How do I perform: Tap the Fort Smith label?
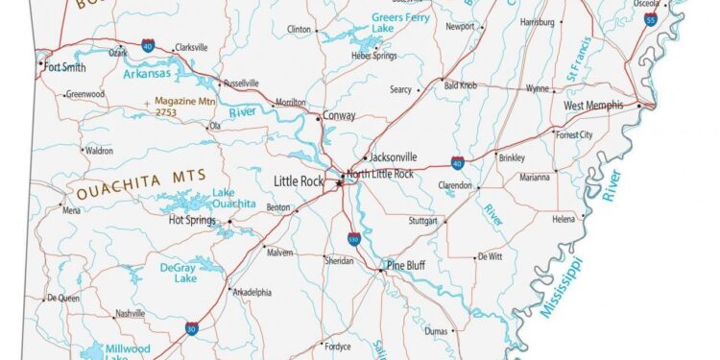(64, 67)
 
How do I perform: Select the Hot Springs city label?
(191, 220)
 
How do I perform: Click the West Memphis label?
(593, 106)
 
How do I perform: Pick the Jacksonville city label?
(394, 156)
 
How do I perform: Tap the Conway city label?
(340, 116)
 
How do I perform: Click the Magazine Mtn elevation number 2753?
(166, 112)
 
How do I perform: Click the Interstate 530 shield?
(354, 238)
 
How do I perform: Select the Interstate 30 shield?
(193, 327)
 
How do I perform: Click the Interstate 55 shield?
(651, 18)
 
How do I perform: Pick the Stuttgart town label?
(423, 221)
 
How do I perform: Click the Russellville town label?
(241, 84)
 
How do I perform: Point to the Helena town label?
(563, 219)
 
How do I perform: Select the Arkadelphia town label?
(252, 292)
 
